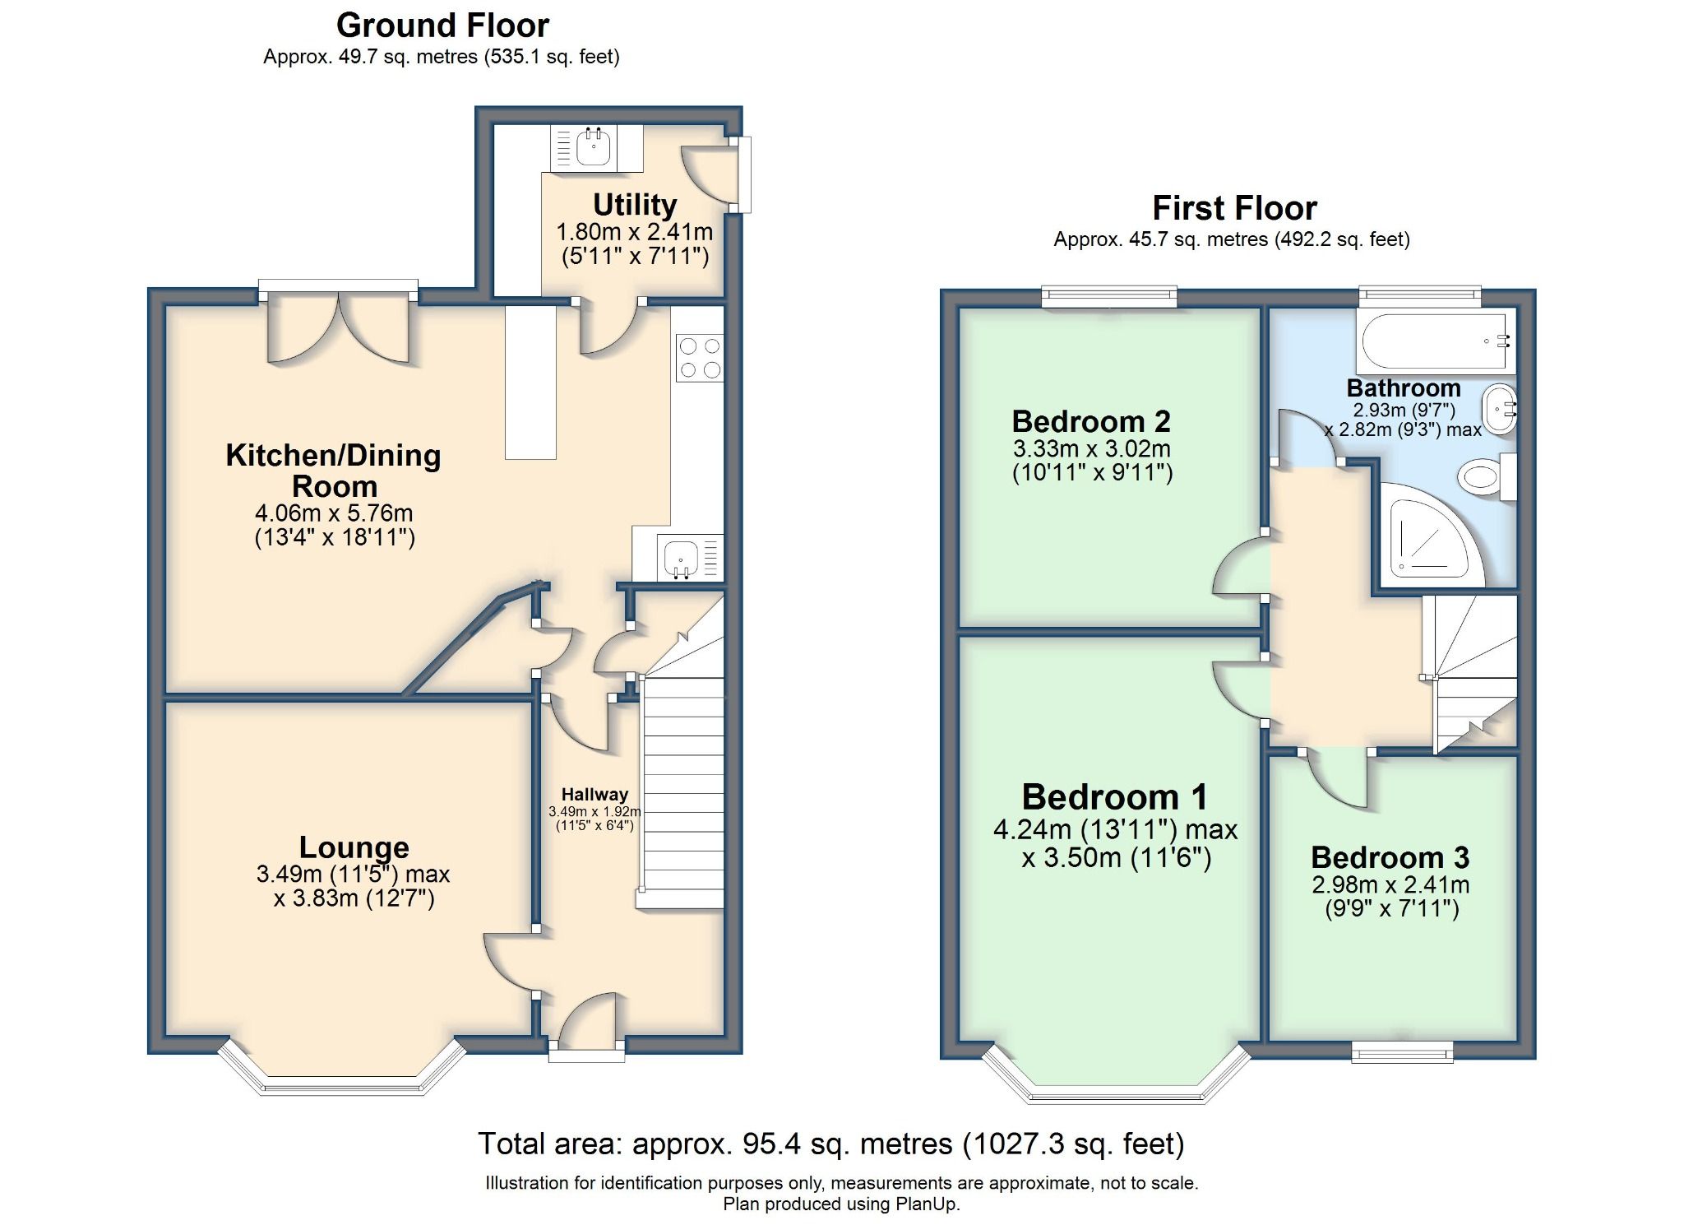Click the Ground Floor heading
click(442, 26)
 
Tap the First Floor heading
click(1233, 208)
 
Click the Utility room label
click(635, 204)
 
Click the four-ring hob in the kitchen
click(699, 358)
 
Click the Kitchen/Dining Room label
click(334, 470)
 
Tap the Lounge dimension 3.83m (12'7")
click(354, 898)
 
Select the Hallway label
click(594, 795)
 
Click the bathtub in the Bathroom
click(1435, 341)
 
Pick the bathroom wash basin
click(1498, 409)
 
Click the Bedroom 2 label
click(1090, 421)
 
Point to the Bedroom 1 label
click(1114, 796)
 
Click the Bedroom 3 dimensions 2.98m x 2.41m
click(1390, 885)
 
